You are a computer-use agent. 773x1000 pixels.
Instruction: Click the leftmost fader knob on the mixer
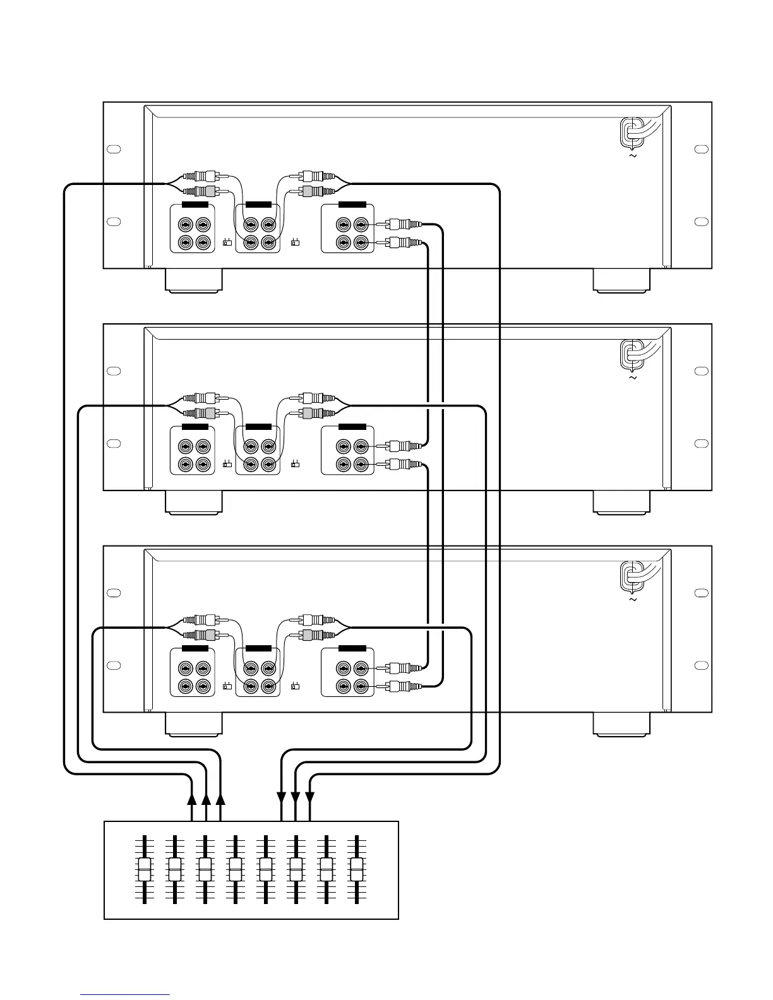coord(145,869)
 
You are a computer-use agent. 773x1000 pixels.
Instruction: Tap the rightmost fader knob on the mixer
coord(357,869)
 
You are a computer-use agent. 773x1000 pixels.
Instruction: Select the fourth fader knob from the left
coord(236,869)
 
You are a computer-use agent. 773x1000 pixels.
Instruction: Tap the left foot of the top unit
coord(194,281)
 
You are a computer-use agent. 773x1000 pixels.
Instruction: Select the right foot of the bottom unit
coord(621,725)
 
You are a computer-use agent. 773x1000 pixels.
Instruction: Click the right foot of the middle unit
coord(621,503)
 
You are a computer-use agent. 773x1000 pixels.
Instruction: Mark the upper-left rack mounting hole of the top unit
coord(114,149)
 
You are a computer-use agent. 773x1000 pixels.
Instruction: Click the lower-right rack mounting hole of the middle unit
coord(701,443)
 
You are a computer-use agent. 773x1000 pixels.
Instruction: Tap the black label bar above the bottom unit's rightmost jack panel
coord(352,648)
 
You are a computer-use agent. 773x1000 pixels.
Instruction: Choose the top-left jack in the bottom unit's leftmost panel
coord(185,667)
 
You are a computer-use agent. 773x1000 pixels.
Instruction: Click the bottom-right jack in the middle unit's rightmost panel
coord(361,465)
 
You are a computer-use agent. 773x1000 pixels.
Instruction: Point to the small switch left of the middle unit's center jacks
coord(227,465)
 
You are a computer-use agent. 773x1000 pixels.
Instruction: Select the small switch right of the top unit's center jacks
coord(294,242)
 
